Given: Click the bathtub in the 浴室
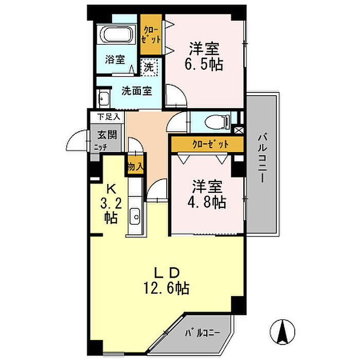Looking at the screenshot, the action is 116,34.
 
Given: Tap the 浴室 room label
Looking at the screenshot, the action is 115,60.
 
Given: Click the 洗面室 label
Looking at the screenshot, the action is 137,91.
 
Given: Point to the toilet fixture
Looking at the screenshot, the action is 217,122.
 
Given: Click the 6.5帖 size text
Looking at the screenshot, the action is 204,64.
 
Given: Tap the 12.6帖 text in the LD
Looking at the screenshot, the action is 167,288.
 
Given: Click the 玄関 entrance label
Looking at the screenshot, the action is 107,135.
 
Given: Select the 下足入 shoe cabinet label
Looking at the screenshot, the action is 109,117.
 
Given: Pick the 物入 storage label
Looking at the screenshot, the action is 135,167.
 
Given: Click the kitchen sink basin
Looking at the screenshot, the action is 135,217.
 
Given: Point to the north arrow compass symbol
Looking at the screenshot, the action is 282,332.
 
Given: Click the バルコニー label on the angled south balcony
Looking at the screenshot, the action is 203,333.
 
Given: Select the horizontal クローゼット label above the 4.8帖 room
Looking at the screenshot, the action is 210,144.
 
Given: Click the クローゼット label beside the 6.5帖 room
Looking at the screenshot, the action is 151,35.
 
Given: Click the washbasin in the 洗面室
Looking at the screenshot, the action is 104,99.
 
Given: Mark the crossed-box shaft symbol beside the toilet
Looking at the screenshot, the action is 239,131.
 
